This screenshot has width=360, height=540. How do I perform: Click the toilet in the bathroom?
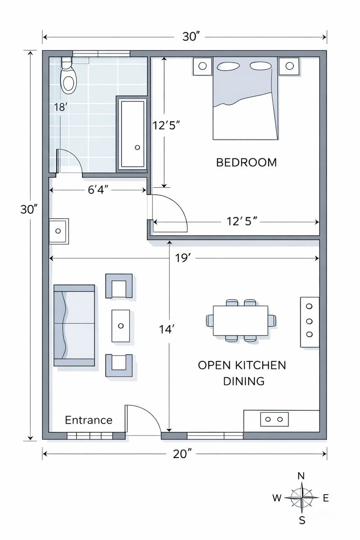click(68, 77)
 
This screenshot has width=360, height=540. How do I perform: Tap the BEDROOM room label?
click(246, 162)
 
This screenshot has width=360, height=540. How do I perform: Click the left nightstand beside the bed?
click(202, 66)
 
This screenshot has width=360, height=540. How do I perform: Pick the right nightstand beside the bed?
click(288, 66)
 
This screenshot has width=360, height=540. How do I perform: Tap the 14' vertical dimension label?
click(166, 329)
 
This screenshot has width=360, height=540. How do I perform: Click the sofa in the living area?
click(74, 325)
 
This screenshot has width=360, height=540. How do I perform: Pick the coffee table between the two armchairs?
click(121, 325)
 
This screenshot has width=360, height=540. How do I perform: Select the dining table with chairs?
click(240, 320)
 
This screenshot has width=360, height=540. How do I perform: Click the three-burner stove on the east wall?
click(310, 321)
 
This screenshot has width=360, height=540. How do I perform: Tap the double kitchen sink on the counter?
click(274, 419)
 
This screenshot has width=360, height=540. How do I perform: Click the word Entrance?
click(89, 420)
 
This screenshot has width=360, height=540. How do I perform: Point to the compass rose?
click(301, 498)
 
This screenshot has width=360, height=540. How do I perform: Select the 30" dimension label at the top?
click(191, 37)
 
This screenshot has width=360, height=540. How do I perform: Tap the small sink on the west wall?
click(58, 231)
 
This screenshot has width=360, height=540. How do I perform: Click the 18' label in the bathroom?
click(60, 107)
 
